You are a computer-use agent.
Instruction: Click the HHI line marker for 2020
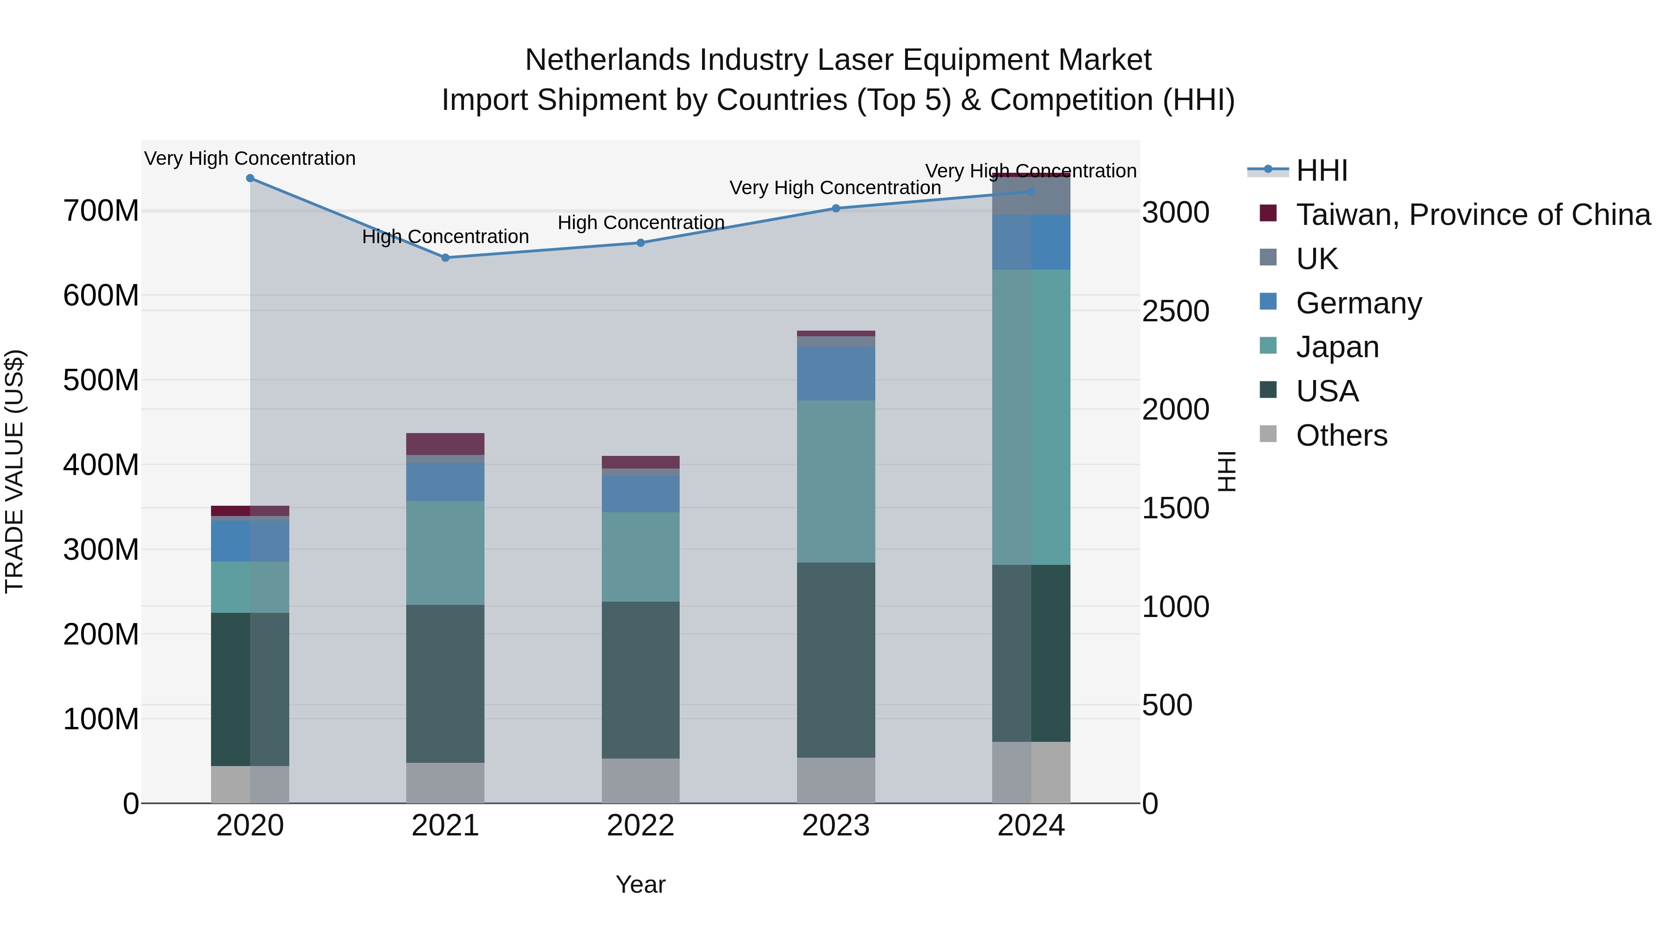point(250,178)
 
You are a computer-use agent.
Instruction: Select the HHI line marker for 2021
point(445,258)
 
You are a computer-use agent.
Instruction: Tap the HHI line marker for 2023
point(836,208)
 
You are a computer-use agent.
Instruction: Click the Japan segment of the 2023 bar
point(836,481)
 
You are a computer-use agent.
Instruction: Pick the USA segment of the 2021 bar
point(445,683)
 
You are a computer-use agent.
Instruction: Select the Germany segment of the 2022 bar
point(641,494)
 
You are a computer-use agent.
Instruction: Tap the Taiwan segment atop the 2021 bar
point(445,444)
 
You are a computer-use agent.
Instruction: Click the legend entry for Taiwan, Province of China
point(1472,214)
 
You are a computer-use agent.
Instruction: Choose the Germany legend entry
point(1359,303)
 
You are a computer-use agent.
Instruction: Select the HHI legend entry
point(1322,170)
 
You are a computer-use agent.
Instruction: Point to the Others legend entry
point(1341,435)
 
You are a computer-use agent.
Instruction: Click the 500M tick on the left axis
point(101,380)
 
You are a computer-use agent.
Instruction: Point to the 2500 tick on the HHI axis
point(1175,311)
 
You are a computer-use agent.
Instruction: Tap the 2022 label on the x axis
point(641,826)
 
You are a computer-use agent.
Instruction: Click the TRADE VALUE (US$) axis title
point(14,471)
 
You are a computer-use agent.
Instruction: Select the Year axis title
point(641,884)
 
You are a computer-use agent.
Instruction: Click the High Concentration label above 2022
point(641,223)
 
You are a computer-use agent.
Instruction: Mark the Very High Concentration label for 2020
point(250,158)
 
